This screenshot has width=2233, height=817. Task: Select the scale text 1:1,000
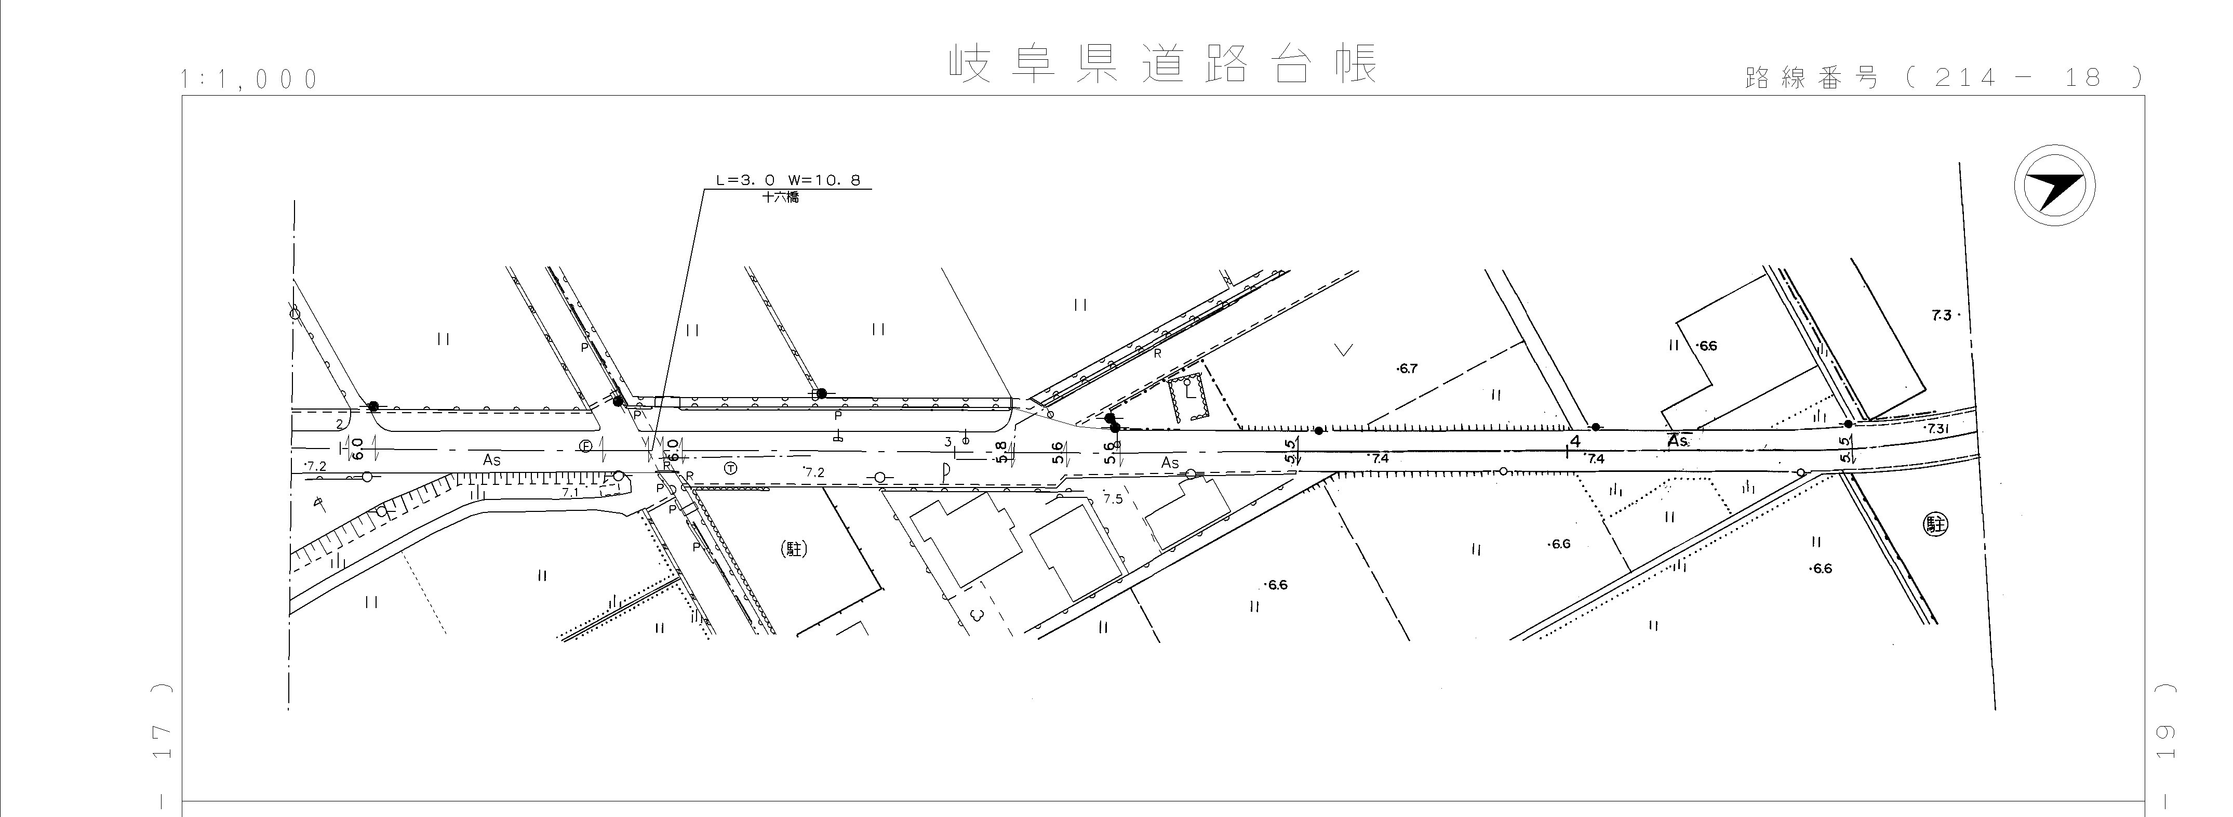click(x=250, y=80)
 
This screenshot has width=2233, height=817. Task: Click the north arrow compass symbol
click(x=2054, y=187)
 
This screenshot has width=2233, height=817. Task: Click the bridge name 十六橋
click(x=780, y=197)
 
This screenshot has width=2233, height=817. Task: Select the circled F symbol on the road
click(x=586, y=446)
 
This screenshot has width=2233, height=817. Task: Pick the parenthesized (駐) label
click(x=794, y=548)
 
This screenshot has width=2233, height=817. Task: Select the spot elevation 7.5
click(x=1113, y=499)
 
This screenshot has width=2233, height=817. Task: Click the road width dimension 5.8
click(x=1002, y=452)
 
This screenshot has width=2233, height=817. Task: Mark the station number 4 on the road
click(x=1575, y=441)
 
